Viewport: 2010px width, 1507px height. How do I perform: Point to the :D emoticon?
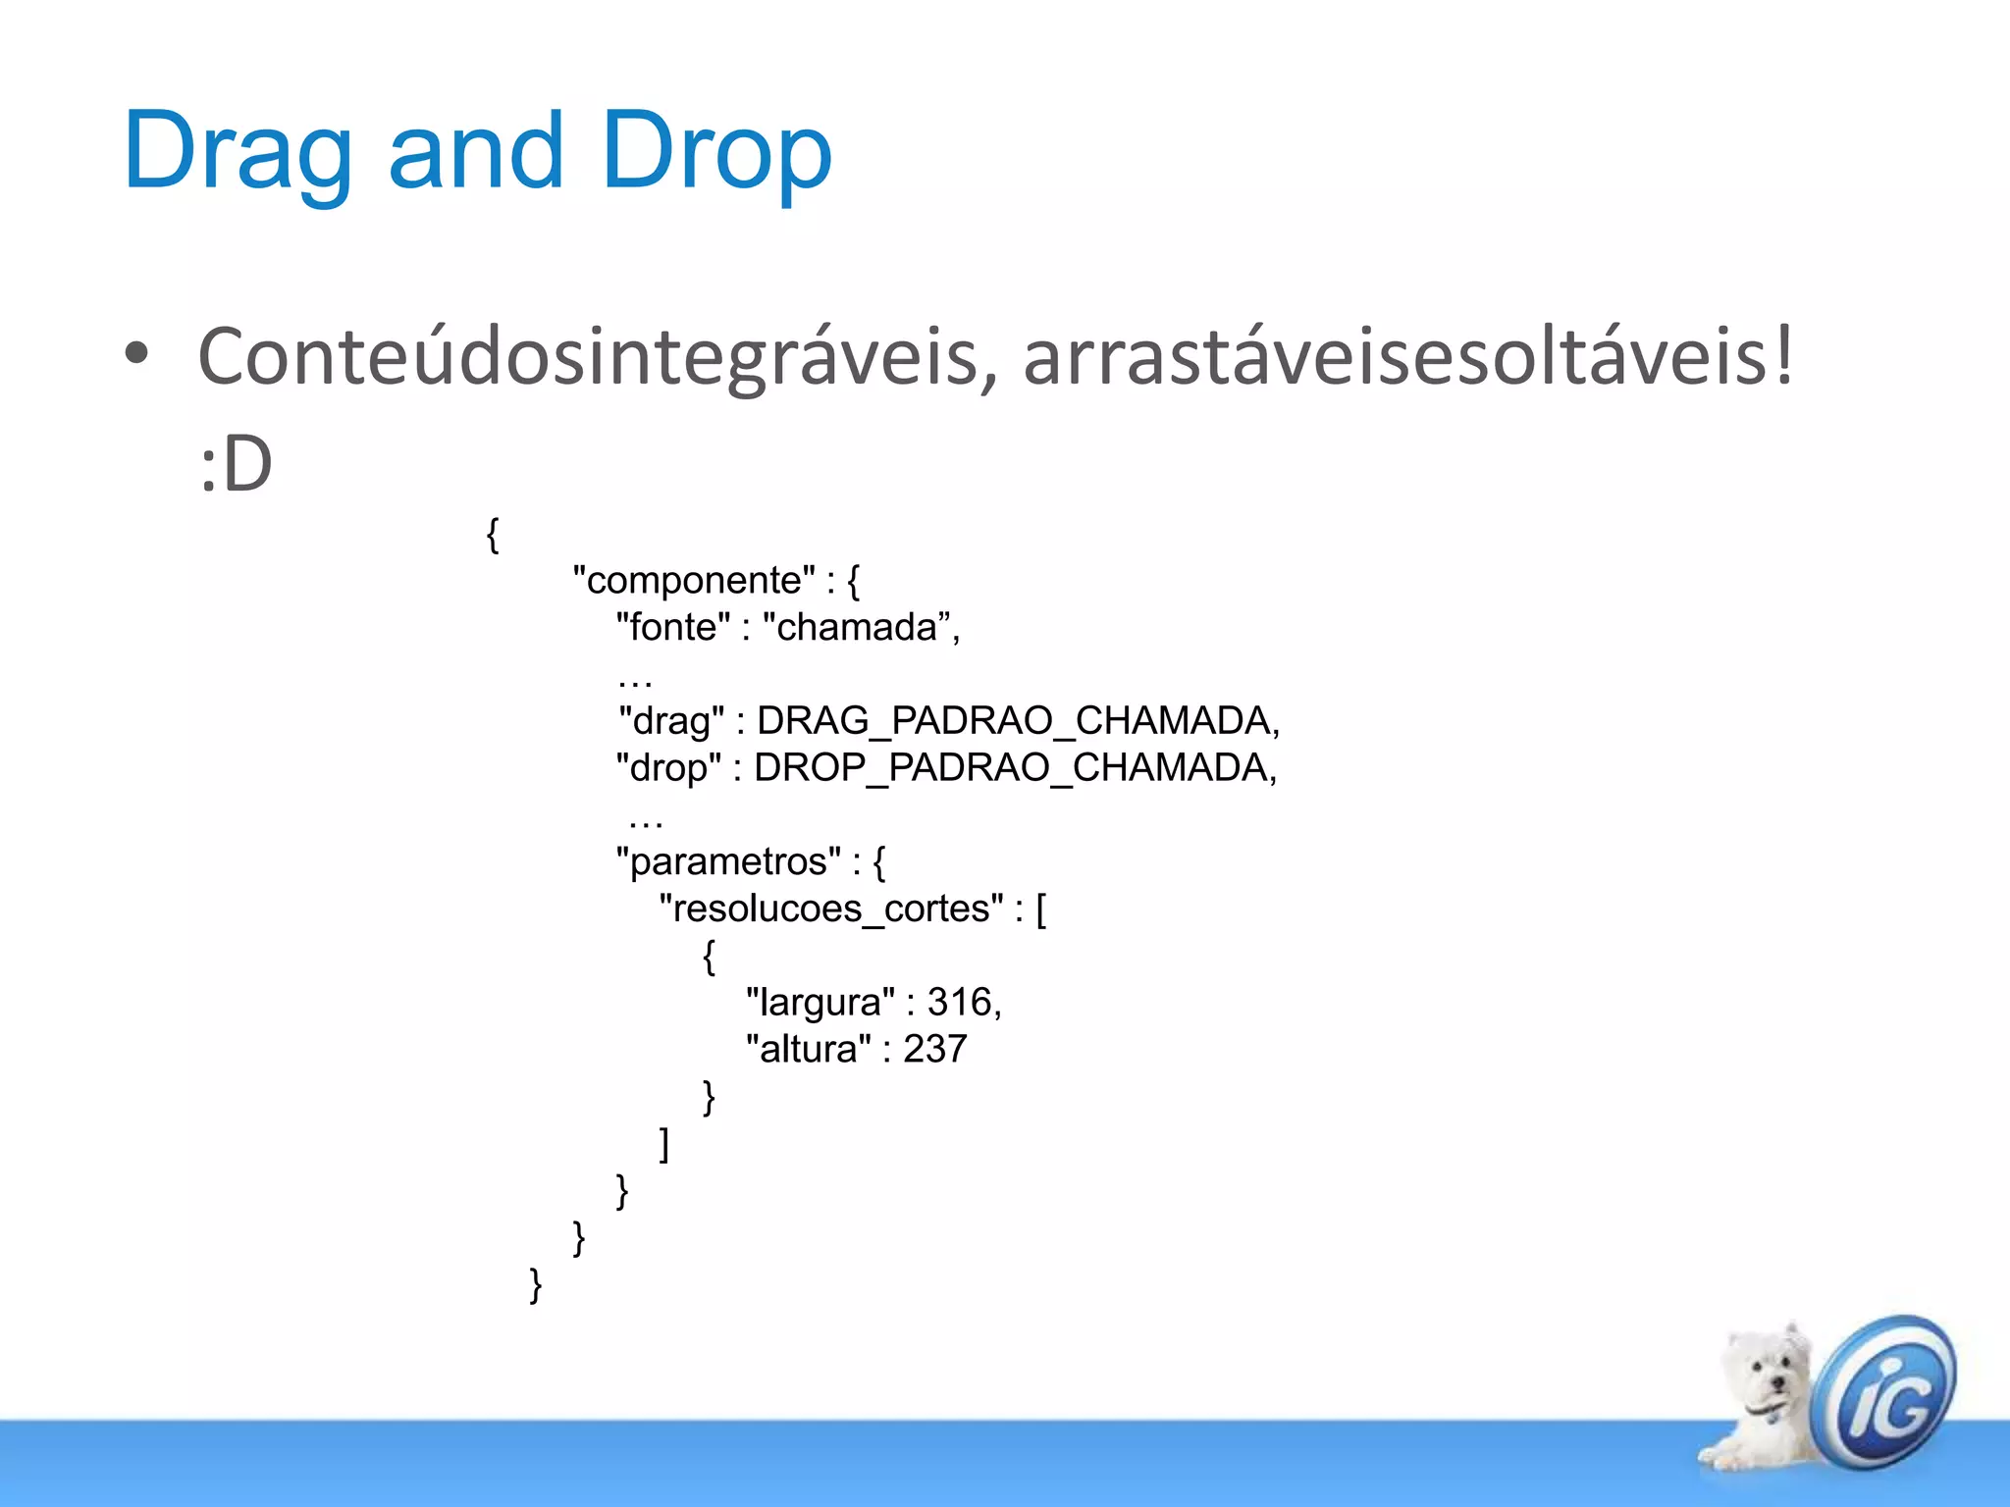[x=236, y=464]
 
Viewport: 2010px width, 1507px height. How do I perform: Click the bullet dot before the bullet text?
[x=136, y=354]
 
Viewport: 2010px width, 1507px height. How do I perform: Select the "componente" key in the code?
[x=694, y=580]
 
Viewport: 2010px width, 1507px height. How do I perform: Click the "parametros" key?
[x=728, y=861]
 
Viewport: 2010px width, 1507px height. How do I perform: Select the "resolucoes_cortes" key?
[x=831, y=909]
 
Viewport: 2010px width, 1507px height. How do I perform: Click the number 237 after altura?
[x=935, y=1049]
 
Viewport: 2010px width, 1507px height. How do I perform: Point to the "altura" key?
[x=808, y=1049]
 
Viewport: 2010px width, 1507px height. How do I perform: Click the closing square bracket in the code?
[x=664, y=1144]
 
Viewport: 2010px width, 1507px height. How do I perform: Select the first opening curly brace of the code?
[x=493, y=535]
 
